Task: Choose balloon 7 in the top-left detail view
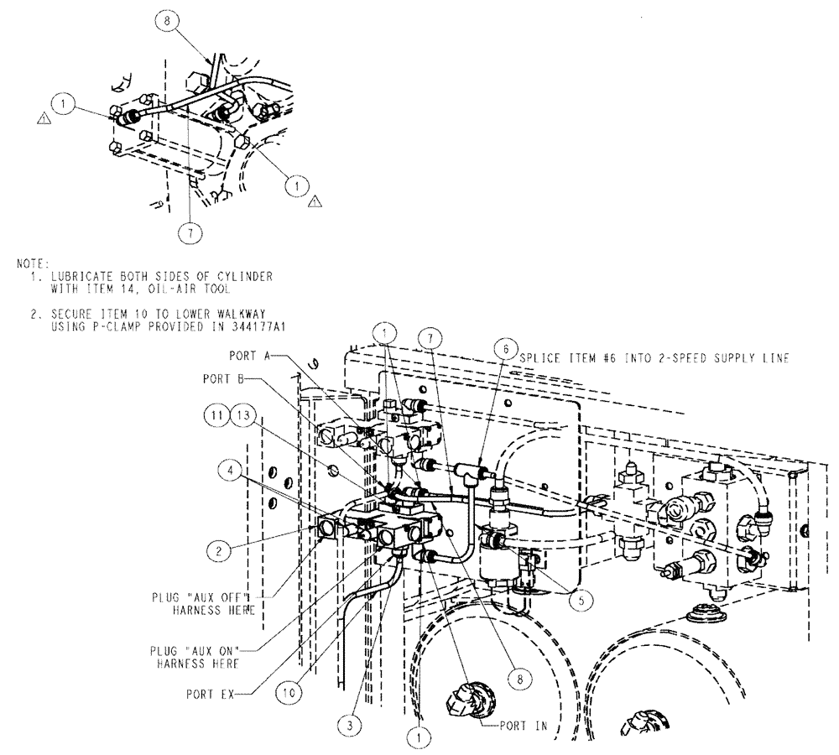tap(191, 232)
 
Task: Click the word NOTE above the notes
tap(33, 265)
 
